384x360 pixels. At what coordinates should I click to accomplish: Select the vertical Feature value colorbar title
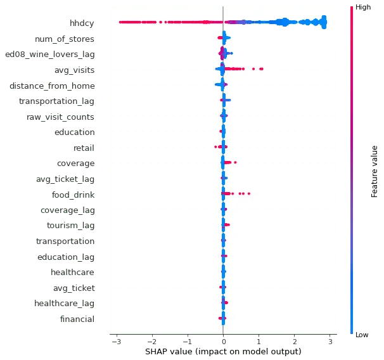[374, 169]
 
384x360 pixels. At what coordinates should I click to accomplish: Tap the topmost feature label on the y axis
[81, 23]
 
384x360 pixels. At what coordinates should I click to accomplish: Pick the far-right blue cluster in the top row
[324, 23]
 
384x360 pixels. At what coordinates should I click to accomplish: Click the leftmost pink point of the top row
[120, 23]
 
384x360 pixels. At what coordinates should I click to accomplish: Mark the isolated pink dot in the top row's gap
[161, 23]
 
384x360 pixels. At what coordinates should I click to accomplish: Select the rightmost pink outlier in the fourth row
[261, 68]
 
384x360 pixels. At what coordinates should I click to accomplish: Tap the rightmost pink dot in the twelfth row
[249, 193]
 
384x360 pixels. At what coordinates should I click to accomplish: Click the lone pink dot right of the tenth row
[235, 163]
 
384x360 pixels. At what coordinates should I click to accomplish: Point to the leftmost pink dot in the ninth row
[215, 147]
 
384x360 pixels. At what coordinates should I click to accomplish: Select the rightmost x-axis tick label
[329, 340]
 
